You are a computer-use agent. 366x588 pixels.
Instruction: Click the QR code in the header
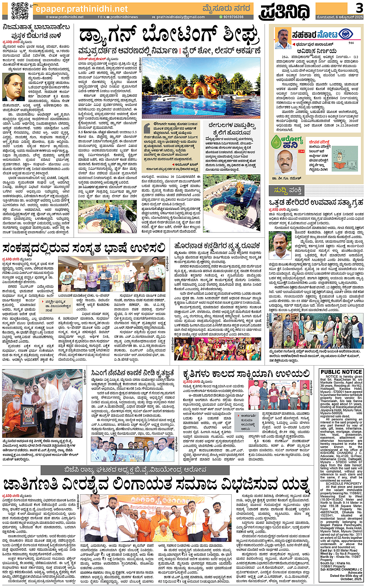coord(20,10)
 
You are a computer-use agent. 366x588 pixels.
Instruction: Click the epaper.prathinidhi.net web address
coord(81,9)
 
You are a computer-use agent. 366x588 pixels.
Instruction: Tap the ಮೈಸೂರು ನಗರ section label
coord(227,8)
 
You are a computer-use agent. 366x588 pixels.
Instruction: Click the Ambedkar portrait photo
coord(14,87)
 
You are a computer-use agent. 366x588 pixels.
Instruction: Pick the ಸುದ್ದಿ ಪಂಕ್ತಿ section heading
coord(288,191)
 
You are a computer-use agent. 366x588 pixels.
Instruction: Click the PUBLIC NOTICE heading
coord(341,372)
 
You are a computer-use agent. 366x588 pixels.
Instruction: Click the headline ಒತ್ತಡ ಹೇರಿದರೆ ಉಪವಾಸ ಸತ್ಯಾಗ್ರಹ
coord(316,203)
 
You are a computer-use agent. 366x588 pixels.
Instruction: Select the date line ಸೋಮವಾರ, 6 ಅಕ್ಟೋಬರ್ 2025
coord(340,17)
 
